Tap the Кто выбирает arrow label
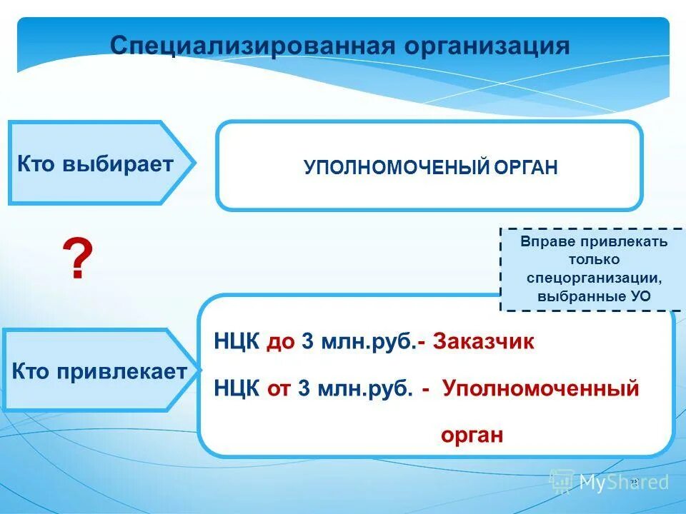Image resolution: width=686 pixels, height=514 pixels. tap(95, 163)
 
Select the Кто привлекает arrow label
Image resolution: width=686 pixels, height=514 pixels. tap(99, 371)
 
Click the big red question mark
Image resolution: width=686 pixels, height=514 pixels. tap(77, 260)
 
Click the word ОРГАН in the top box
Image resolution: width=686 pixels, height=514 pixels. tap(525, 168)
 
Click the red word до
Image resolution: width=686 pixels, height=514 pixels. tap(282, 342)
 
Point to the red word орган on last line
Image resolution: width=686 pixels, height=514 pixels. tap(472, 435)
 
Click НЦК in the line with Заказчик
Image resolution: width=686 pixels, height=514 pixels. tap(237, 342)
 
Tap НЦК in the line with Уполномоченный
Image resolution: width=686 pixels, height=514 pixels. tap(237, 390)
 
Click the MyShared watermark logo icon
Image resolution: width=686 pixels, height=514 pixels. tap(561, 483)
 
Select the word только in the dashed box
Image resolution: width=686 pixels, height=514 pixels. tap(594, 259)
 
